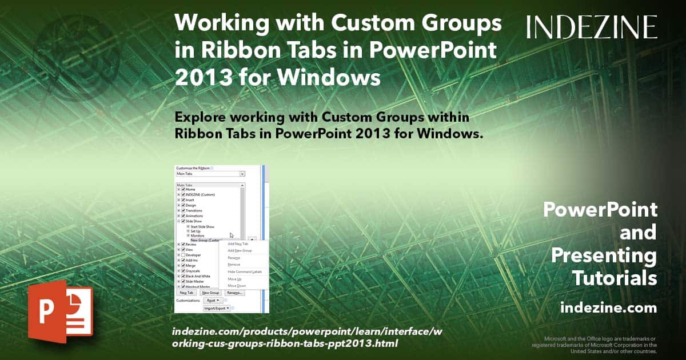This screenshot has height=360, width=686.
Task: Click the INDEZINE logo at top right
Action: [x=592, y=27]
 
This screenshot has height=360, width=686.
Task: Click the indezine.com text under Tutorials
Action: [x=608, y=308]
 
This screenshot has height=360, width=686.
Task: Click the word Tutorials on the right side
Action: [x=615, y=278]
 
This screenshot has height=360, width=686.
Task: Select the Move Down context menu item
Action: [x=237, y=285]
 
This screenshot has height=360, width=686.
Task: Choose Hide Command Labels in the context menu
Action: [x=244, y=271]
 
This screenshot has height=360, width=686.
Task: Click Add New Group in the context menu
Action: [x=240, y=250]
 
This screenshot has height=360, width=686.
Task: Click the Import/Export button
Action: [x=217, y=308]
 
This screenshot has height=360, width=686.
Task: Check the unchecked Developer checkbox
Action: [x=183, y=254]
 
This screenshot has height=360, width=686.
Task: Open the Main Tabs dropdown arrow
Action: [x=242, y=174]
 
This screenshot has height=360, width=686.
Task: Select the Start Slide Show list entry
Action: [x=202, y=226]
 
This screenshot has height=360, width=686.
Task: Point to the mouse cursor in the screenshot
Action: [x=232, y=235]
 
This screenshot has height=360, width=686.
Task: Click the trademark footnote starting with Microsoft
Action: [x=595, y=345]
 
